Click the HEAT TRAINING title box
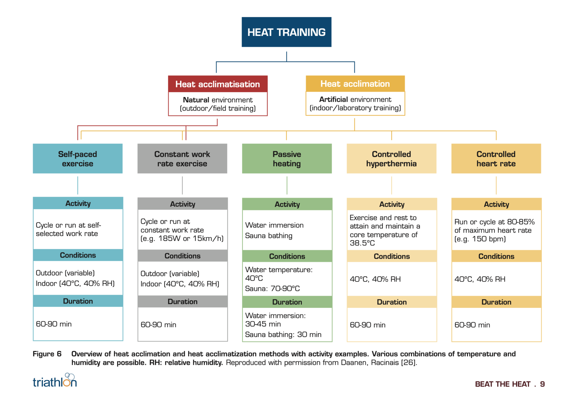286,32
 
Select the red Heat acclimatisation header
218,84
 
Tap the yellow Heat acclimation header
355,84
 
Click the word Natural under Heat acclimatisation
196,100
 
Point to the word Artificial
333,99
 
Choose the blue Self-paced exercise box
78,159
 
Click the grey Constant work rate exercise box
182,159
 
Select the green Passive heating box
287,159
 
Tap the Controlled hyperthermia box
392,159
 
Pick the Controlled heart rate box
496,159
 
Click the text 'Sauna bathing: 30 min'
283,335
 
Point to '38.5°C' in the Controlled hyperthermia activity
362,243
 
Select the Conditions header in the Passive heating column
287,256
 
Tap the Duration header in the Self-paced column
78,301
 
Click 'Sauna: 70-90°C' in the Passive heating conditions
273,289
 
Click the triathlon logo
55,380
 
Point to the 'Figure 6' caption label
47,354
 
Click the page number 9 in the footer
542,384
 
